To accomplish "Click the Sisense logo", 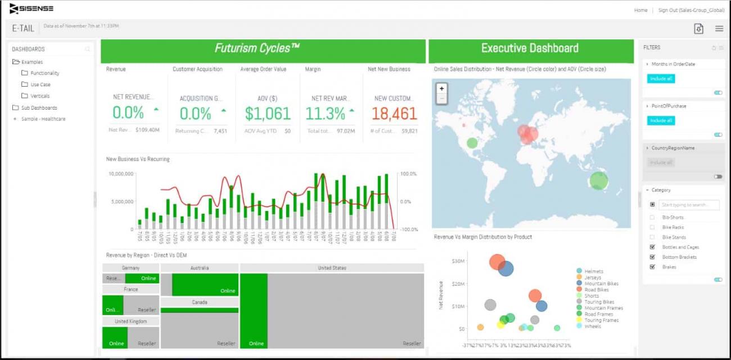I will (x=31, y=8).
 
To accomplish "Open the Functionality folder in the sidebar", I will (x=44, y=73).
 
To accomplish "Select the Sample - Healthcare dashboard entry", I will (x=43, y=119).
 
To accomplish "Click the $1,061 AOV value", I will (x=268, y=114).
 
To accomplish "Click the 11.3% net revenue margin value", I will (x=325, y=114).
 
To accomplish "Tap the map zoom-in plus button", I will (x=442, y=88).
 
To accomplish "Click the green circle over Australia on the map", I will (x=598, y=181).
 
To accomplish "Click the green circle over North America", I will (x=472, y=143).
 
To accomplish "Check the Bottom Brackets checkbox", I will (x=652, y=257).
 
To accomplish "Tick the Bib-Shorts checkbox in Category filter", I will (x=652, y=217).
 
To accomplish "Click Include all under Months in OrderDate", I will (x=661, y=79).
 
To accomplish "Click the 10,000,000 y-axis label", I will (x=120, y=174).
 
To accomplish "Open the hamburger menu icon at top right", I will (x=719, y=29).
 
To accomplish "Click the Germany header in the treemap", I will (x=130, y=268).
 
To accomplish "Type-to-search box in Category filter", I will (x=689, y=205).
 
